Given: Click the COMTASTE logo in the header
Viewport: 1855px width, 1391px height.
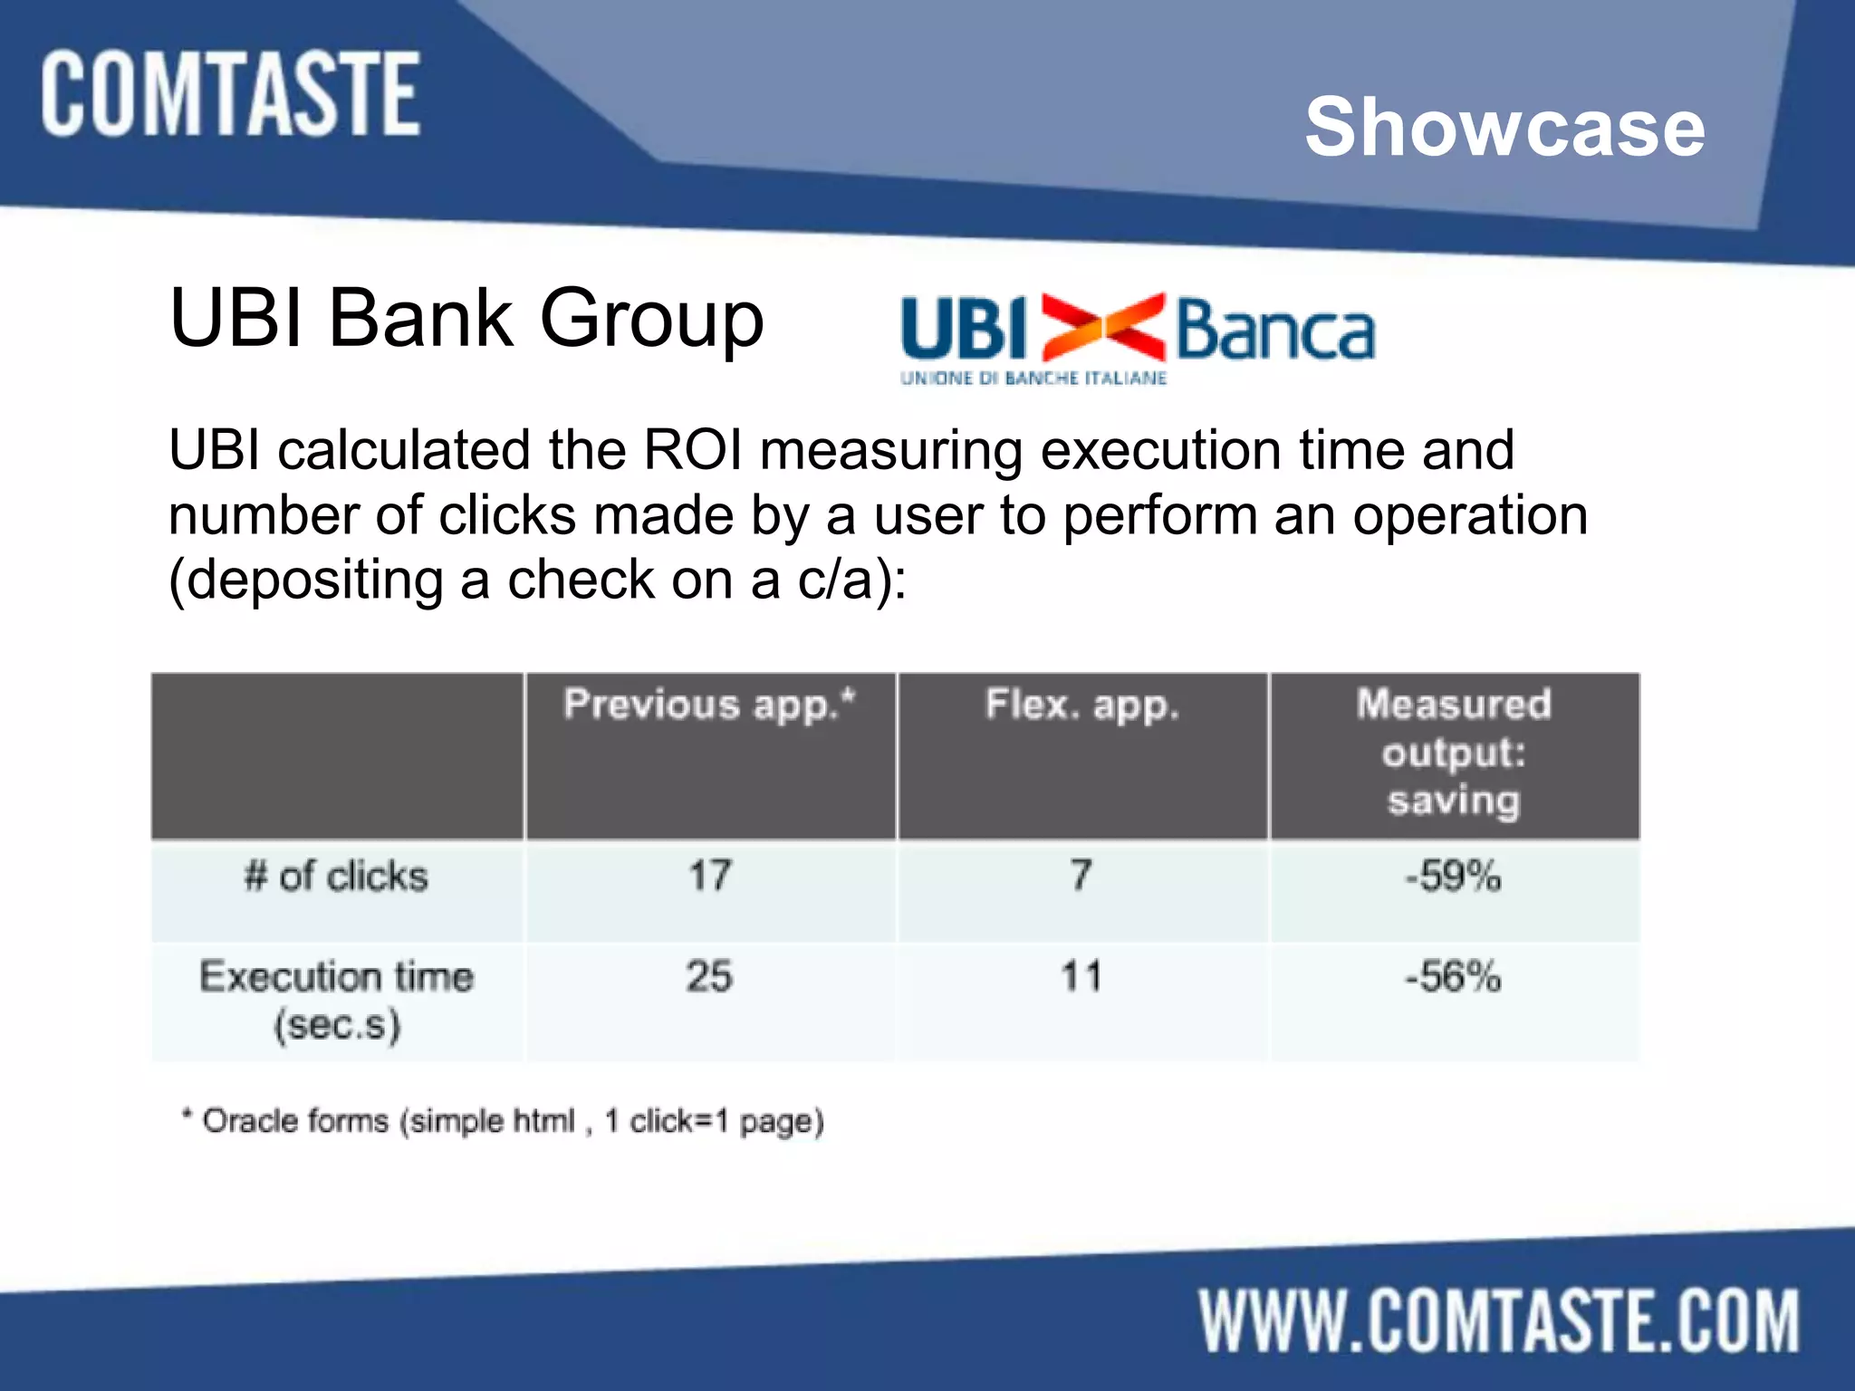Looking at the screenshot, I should coord(230,94).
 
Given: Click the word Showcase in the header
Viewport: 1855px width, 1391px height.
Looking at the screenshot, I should coord(1504,128).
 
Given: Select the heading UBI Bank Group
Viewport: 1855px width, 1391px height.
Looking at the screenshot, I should coord(466,318).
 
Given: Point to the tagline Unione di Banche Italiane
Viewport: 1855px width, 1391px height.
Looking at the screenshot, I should coord(1033,379).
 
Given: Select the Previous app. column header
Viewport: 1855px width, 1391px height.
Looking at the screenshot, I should coord(709,705).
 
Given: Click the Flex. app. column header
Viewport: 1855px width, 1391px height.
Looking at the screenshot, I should coord(1082,705).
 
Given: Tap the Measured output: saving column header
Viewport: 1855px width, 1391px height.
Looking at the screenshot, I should coord(1454,753).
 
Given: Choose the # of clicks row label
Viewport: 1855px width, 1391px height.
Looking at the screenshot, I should coord(336,877).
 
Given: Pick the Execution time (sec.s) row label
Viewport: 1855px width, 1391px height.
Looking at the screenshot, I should coord(336,1000).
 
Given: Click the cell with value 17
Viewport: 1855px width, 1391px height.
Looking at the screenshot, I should coord(709,877).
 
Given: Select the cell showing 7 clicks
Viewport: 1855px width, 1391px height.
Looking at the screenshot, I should coord(1081,876).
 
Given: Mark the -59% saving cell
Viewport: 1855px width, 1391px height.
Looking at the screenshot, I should coord(1454,877).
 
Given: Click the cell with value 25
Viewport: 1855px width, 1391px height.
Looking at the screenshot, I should coord(709,976).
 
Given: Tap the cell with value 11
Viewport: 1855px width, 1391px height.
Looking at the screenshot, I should coord(1081,976).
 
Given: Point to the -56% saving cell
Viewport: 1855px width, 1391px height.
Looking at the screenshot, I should coord(1454,977).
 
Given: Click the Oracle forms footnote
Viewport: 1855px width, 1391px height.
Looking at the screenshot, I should coord(504,1121).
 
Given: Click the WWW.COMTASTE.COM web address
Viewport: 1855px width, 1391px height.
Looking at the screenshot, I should coord(1499,1321).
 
